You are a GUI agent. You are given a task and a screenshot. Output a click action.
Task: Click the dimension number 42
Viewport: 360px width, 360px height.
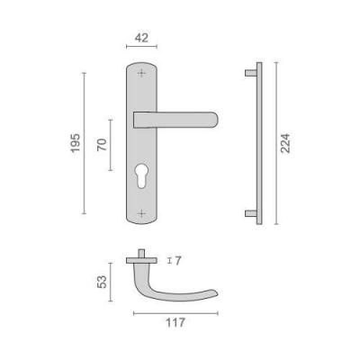(x=141, y=38)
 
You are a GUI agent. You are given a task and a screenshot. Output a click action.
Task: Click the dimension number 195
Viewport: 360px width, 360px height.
(x=76, y=143)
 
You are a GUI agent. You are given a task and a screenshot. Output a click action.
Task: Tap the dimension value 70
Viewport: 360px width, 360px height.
(x=102, y=145)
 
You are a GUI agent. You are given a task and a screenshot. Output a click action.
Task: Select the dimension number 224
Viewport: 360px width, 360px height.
(x=285, y=143)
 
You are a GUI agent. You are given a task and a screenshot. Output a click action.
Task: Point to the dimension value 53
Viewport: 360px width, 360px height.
(x=102, y=282)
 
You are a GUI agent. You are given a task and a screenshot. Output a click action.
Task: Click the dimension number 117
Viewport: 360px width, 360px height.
(x=175, y=323)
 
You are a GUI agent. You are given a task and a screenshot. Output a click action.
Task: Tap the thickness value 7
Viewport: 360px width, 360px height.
(x=178, y=261)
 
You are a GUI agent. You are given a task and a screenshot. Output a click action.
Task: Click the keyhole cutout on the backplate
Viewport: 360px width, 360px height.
(x=141, y=176)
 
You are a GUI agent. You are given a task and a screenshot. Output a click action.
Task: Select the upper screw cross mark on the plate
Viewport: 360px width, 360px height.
(x=141, y=73)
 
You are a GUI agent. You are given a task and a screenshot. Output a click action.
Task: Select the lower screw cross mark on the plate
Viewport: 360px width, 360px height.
(x=141, y=213)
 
